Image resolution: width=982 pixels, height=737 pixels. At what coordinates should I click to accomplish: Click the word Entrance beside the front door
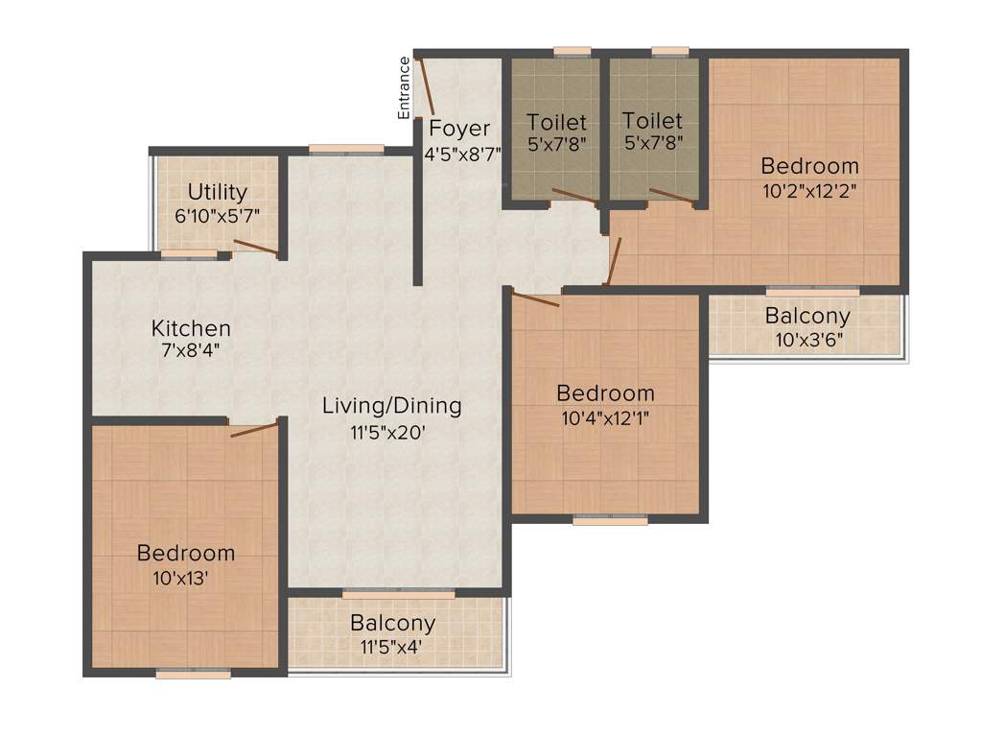405,88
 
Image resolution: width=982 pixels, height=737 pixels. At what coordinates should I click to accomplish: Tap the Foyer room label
459,129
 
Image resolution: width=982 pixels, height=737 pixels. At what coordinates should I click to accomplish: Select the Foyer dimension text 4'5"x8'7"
463,153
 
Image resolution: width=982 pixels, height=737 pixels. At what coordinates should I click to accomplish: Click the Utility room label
218,192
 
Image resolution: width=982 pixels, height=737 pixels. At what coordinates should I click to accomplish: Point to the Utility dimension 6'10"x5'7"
218,216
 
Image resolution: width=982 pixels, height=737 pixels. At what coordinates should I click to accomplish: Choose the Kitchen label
191,328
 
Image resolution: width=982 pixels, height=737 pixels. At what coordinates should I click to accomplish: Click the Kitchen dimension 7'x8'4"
191,351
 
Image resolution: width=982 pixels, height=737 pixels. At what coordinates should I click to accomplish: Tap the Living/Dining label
391,406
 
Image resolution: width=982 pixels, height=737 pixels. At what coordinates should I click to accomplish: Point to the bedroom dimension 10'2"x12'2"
809,190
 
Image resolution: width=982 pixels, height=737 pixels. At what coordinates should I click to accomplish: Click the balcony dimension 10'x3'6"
807,339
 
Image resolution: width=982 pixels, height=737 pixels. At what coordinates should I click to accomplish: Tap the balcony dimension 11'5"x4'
392,647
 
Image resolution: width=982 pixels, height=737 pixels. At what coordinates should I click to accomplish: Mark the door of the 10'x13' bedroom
254,428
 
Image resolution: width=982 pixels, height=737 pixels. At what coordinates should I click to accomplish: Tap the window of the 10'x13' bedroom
193,675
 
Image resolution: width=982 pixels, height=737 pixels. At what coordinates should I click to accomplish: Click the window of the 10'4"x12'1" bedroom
610,520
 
